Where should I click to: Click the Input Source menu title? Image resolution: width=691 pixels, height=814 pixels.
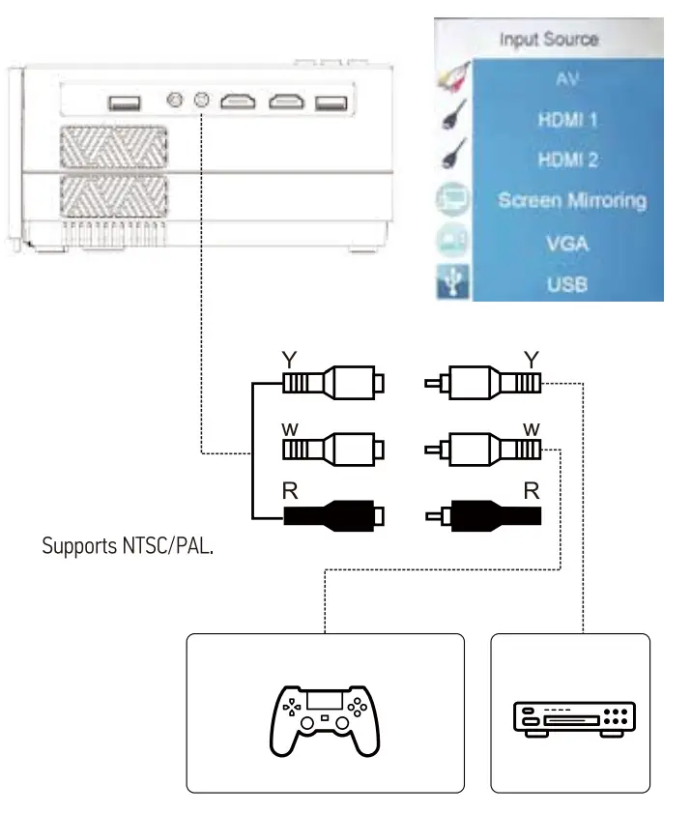(549, 40)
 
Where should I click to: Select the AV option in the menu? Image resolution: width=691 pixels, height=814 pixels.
(567, 79)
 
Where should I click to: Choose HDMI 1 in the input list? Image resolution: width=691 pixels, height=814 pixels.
(567, 120)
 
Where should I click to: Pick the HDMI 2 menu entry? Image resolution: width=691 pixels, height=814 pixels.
(567, 160)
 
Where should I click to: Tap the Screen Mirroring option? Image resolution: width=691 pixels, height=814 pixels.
(571, 201)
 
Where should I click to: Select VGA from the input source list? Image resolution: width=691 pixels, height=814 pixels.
(567, 243)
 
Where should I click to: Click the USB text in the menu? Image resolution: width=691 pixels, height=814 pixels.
(567, 284)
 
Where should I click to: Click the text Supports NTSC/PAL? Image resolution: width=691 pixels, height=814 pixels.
(128, 546)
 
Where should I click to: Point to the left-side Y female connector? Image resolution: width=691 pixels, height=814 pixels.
(333, 384)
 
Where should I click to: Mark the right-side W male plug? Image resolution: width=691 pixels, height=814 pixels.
(483, 450)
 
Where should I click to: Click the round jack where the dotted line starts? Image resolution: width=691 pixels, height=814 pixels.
(202, 100)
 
